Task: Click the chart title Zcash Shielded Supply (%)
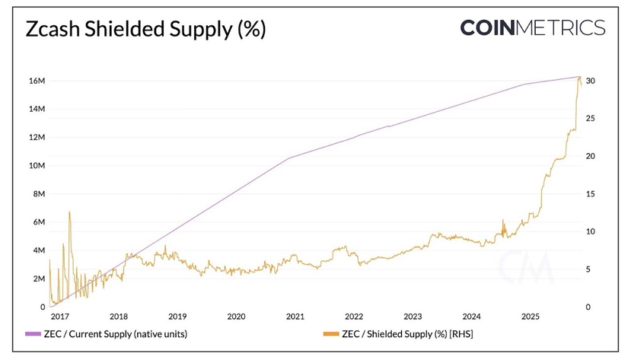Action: tap(146, 30)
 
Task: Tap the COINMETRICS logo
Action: tap(532, 28)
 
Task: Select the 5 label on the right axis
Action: tap(588, 269)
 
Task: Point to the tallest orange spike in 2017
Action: tap(69, 212)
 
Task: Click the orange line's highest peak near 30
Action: tap(579, 78)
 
